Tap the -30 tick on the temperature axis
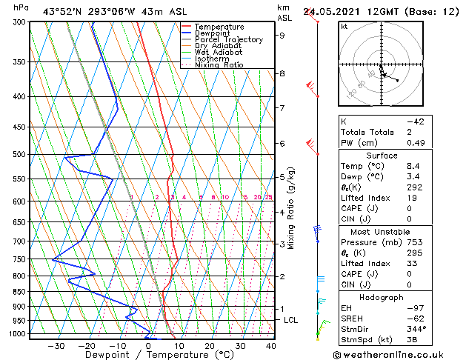(x=56, y=345)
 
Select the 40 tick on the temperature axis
(x=271, y=345)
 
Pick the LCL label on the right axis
(x=291, y=319)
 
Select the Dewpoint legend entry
(x=214, y=33)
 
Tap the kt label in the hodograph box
(x=344, y=26)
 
